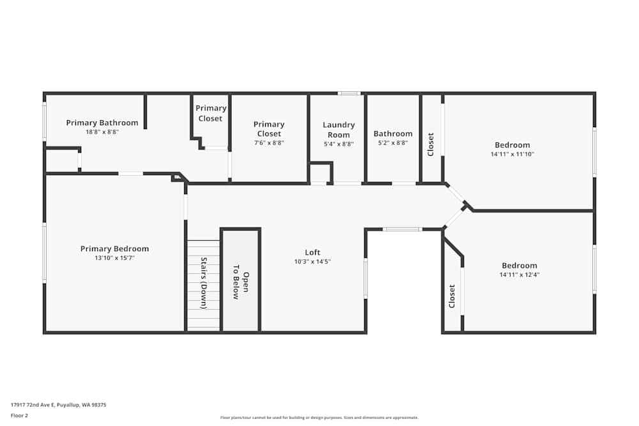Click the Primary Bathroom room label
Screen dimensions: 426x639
coord(102,123)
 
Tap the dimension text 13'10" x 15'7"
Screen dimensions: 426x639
coord(114,258)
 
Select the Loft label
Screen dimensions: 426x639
coord(312,252)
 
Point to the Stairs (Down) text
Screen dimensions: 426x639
coord(204,283)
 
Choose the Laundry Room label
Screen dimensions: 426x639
coord(339,130)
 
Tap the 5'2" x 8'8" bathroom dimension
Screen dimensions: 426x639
coord(393,144)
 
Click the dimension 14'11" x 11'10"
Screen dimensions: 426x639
coord(512,154)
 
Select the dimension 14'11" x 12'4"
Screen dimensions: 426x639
coord(519,275)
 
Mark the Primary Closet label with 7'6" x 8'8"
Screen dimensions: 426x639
coord(268,129)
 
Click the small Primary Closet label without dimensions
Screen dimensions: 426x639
coord(210,113)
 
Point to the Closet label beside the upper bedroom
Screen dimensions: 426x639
coord(431,144)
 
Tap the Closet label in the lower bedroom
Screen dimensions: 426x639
coord(452,296)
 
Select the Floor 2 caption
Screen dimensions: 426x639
coord(19,415)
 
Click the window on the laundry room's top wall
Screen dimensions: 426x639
coord(349,93)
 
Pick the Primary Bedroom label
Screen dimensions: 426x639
coord(114,248)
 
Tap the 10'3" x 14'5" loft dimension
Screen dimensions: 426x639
coord(312,261)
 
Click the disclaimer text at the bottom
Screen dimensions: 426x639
coord(319,418)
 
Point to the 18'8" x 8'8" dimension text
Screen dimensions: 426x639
coord(102,132)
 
